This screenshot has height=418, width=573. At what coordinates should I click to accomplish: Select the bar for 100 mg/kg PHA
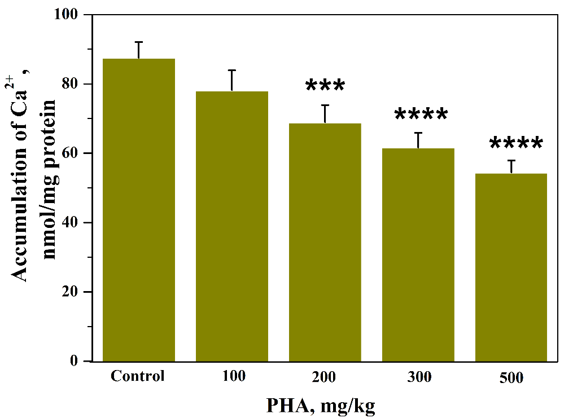click(231, 226)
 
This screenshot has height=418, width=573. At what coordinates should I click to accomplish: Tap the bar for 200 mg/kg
click(325, 242)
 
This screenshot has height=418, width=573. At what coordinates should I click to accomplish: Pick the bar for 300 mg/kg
click(418, 254)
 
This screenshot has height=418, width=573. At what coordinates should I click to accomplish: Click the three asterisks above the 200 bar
click(325, 86)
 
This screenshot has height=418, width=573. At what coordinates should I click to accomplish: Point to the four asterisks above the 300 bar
click(421, 115)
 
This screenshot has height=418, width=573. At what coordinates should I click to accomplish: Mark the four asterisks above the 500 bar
click(515, 143)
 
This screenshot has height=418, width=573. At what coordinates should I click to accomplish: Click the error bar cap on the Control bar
click(139, 42)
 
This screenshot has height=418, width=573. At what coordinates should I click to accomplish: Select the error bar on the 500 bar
click(511, 166)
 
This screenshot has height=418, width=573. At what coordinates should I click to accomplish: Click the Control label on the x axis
click(138, 376)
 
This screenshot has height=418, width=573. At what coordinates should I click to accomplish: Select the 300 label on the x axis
click(418, 376)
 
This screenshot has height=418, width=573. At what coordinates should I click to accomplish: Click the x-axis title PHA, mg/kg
click(321, 405)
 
